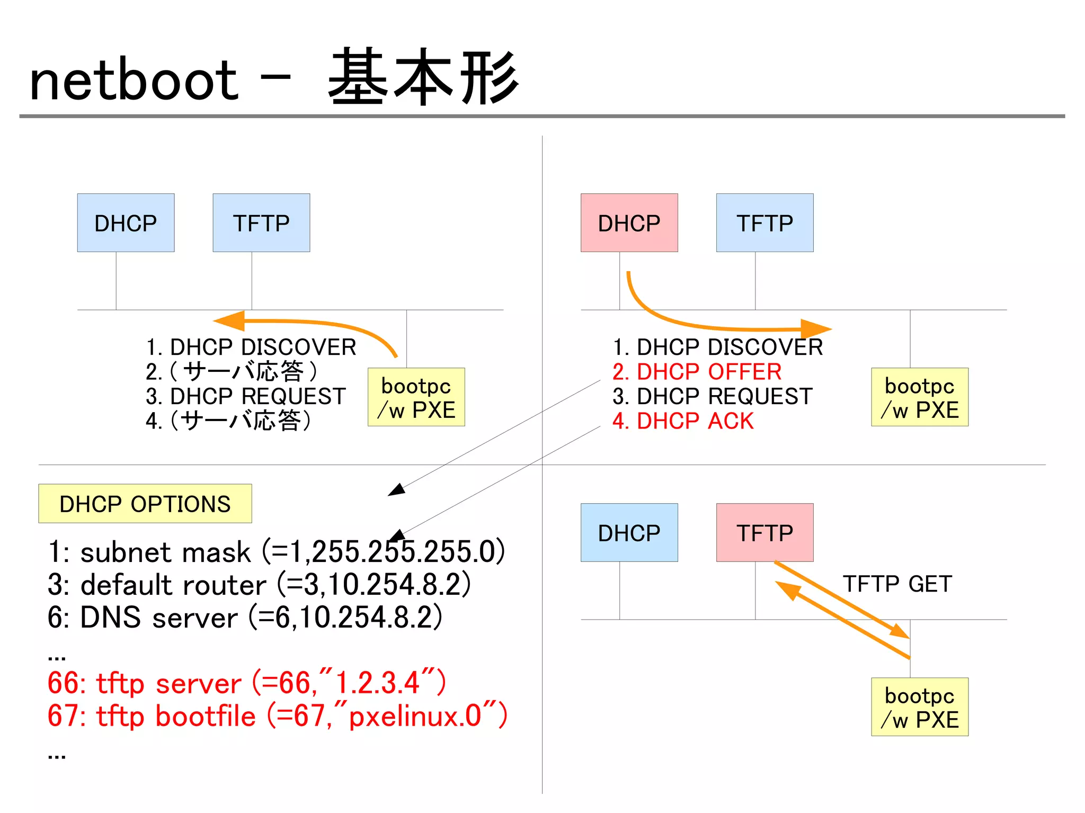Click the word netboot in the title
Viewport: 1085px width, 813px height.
tap(134, 81)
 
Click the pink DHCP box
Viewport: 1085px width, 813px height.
tap(629, 222)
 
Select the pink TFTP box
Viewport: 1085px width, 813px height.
tap(764, 532)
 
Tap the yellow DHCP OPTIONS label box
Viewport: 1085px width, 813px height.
tap(145, 503)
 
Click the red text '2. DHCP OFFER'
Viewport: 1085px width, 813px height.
tap(697, 372)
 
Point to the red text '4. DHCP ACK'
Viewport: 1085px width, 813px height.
tap(683, 421)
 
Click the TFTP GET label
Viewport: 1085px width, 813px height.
tap(897, 584)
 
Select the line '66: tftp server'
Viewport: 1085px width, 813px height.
tap(247, 683)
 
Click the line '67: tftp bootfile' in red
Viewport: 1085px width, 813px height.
tap(277, 716)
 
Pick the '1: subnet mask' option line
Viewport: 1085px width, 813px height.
tap(275, 552)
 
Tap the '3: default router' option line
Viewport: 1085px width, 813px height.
tap(259, 585)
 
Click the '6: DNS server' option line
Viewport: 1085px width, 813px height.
tap(245, 618)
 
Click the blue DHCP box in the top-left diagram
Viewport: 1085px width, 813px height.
tap(126, 222)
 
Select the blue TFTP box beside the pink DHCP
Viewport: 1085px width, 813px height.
tap(764, 222)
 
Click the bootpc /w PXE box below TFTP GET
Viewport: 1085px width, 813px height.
tap(919, 707)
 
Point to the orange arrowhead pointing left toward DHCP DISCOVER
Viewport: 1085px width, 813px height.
tap(229, 320)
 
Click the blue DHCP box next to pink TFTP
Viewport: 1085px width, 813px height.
tap(629, 532)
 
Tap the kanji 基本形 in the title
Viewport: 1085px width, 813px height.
tap(423, 78)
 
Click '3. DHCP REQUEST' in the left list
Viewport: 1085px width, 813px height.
tap(246, 396)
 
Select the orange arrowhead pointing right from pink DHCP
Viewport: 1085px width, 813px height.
tap(816, 328)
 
